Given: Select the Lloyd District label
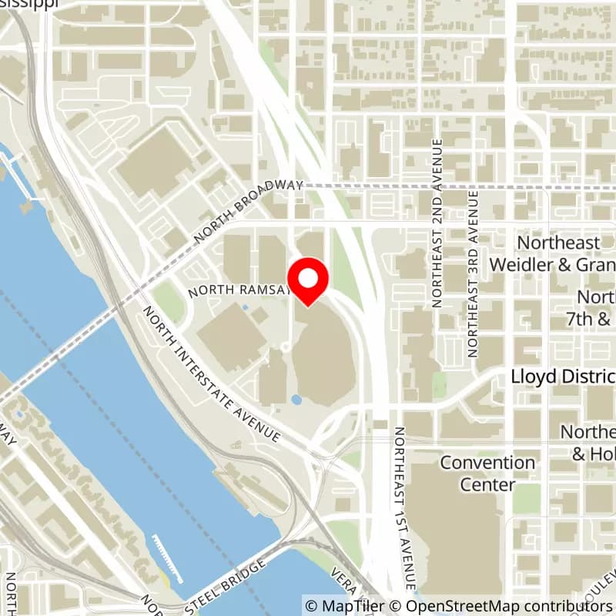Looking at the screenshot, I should (563, 377).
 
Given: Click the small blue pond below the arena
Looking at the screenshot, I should (296, 400).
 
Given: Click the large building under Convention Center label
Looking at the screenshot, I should (454, 531).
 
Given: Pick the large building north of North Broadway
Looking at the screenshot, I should (158, 162).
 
